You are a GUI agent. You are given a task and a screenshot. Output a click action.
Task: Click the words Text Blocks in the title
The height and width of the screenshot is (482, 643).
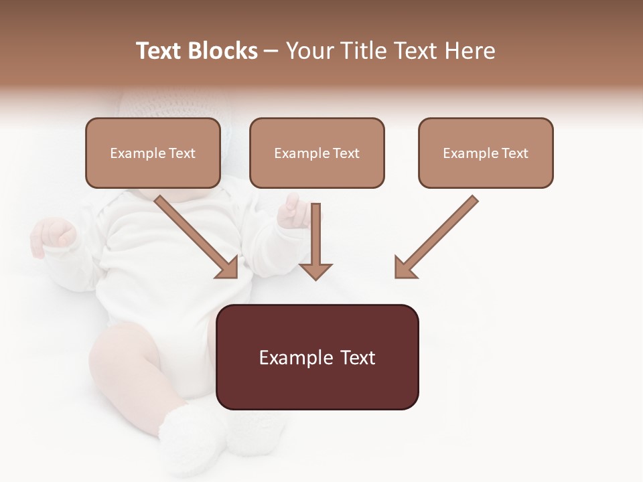(196, 51)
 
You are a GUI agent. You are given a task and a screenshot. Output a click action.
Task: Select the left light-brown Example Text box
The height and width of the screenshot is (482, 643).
(153, 153)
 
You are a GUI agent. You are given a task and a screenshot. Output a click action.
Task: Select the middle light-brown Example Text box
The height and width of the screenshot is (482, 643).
(317, 153)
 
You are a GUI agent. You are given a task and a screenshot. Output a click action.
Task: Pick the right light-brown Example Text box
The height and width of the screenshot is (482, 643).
(486, 153)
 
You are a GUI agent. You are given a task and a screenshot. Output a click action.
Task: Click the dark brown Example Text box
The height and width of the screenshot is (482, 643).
(317, 357)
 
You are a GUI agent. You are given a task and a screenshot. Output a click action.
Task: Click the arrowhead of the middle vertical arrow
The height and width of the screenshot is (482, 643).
(315, 271)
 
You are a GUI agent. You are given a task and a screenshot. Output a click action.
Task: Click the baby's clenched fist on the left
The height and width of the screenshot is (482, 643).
(54, 234)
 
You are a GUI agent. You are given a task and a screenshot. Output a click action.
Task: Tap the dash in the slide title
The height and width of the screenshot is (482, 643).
(271, 52)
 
